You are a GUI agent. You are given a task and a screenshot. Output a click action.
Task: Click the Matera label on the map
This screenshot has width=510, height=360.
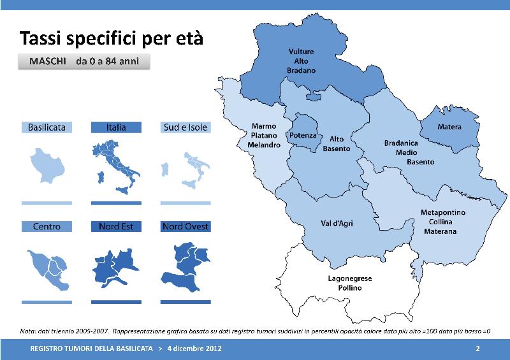point(449,127)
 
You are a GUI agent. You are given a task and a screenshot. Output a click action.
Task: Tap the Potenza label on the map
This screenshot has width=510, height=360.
point(303,135)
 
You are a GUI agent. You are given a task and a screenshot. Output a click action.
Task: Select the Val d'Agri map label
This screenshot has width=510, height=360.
point(337,224)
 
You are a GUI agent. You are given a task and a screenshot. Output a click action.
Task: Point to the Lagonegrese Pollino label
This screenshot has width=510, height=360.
point(349,283)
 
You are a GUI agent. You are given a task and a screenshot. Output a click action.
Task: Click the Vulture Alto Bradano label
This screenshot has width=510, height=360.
point(301,61)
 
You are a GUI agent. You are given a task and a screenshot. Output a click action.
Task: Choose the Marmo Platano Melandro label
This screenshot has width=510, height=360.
point(264,135)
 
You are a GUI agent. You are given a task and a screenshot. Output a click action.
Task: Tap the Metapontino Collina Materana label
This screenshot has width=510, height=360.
point(442,222)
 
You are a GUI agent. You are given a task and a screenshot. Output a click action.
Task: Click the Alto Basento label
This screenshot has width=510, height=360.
point(337,144)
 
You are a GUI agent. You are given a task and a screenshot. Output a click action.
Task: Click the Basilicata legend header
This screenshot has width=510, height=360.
point(47,127)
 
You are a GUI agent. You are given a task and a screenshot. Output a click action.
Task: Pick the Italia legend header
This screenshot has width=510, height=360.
point(116,127)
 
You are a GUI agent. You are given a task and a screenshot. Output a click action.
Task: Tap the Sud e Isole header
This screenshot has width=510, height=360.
point(186,127)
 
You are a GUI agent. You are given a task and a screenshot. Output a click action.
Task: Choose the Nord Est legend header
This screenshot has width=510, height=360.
point(116,226)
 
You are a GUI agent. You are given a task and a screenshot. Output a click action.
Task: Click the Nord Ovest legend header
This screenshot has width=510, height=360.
point(186,226)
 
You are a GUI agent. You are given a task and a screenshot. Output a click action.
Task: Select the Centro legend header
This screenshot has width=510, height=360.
point(47,226)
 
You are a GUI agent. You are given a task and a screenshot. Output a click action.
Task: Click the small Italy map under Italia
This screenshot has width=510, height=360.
point(116,166)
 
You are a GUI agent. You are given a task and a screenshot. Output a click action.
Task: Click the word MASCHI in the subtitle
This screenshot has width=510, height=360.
point(47,61)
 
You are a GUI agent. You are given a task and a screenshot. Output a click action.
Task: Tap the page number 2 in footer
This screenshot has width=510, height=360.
point(477,349)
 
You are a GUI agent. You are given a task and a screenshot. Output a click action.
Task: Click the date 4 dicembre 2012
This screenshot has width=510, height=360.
point(194,349)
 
